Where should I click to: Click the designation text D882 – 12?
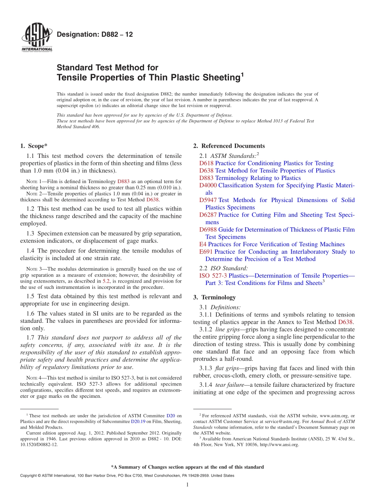[x=95, y=35]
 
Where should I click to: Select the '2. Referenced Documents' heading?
[x=229, y=146]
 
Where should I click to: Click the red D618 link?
[x=206, y=163]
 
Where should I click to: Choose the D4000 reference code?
[x=208, y=185]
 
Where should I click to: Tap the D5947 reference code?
[x=208, y=200]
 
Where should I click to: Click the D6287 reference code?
[x=208, y=215]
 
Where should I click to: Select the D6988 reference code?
[x=208, y=230]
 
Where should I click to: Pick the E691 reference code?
[x=206, y=252]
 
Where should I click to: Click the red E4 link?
[x=203, y=244]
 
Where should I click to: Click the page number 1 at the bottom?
[x=187, y=485]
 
